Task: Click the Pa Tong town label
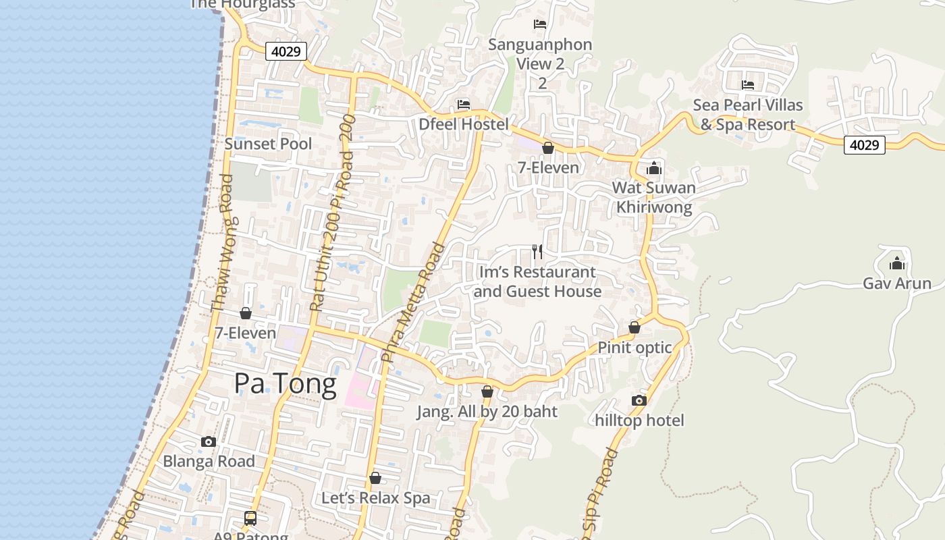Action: pos(285,383)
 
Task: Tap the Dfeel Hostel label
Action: pos(463,124)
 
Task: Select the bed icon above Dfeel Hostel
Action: pos(463,105)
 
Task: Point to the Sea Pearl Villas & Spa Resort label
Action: pos(748,115)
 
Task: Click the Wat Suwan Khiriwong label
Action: pos(653,197)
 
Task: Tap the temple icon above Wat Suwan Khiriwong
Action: pos(654,168)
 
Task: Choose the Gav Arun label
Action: pos(896,283)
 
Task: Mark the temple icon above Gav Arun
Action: pos(897,263)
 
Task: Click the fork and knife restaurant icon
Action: pos(537,252)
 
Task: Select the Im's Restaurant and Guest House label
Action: pos(537,281)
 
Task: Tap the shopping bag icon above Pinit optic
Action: pos(634,327)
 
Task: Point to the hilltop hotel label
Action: pos(639,421)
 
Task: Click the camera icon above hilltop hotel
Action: pos(639,400)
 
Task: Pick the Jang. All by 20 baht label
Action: pos(487,412)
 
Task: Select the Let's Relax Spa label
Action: pos(375,498)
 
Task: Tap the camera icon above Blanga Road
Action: pos(209,441)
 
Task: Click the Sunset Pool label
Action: pos(268,144)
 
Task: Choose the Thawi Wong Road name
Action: pos(222,243)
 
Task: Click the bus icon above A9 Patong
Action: pos(250,518)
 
